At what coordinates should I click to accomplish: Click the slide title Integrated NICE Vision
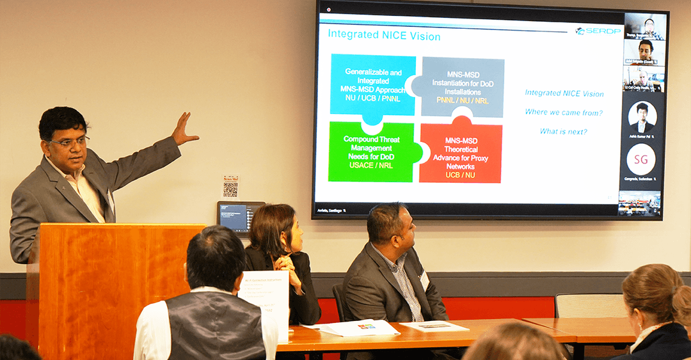384,36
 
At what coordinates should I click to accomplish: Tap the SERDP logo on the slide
598,31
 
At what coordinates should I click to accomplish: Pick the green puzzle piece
371,152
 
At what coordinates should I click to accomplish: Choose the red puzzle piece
461,153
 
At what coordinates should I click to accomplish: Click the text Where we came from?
564,113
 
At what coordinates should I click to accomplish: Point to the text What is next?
563,132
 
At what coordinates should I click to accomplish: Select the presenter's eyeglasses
72,141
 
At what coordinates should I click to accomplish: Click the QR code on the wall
230,189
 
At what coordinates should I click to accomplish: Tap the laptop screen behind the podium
241,217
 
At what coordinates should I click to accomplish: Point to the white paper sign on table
264,301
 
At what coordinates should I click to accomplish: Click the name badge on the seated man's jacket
424,279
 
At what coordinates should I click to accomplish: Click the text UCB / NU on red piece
461,174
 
